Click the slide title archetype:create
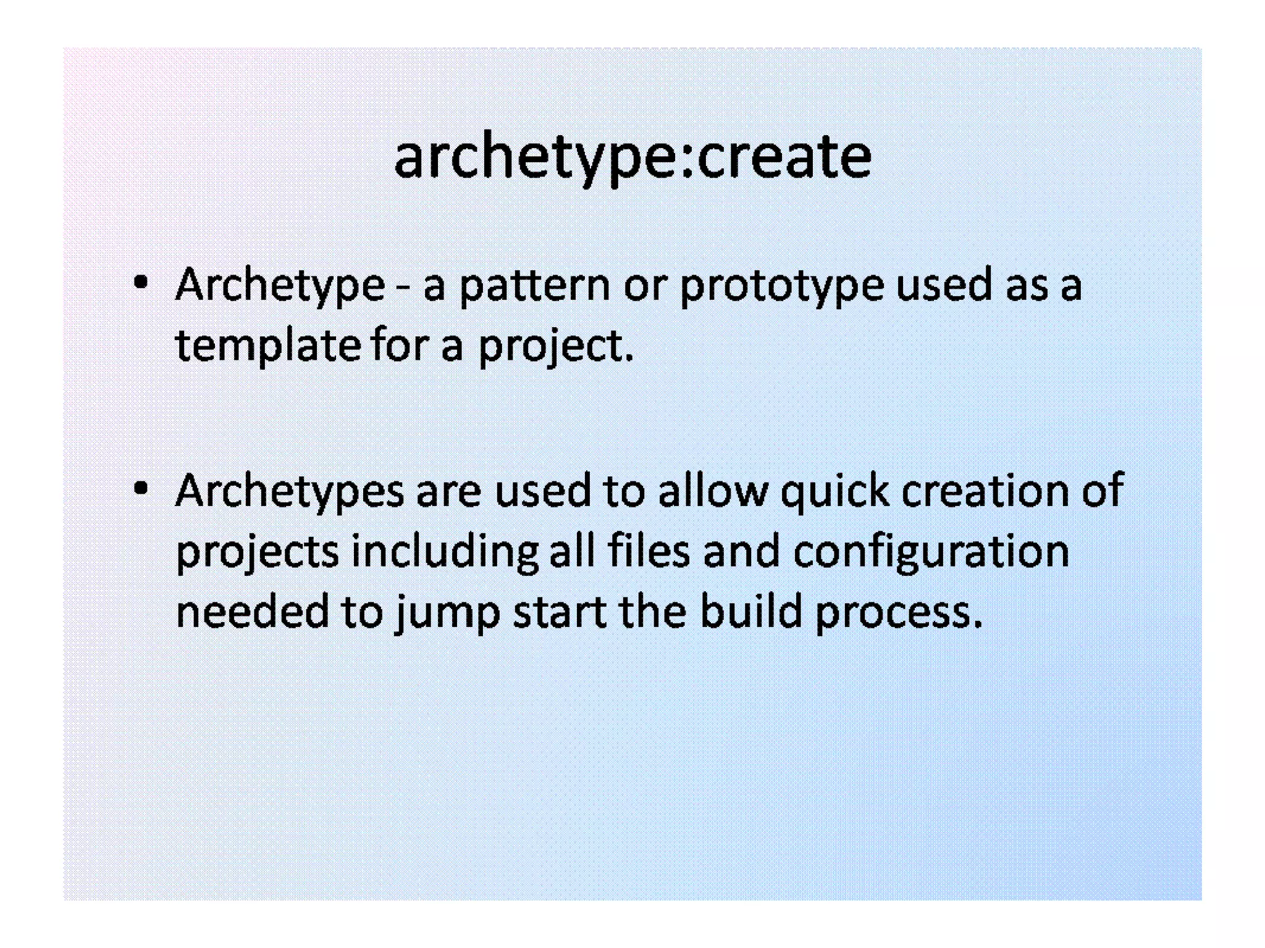click(x=632, y=157)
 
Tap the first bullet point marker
click(x=141, y=283)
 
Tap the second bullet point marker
click(x=141, y=488)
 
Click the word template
click(x=268, y=346)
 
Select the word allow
click(x=713, y=491)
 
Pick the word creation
click(x=985, y=491)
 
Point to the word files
click(x=649, y=551)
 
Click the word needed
click(x=252, y=611)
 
